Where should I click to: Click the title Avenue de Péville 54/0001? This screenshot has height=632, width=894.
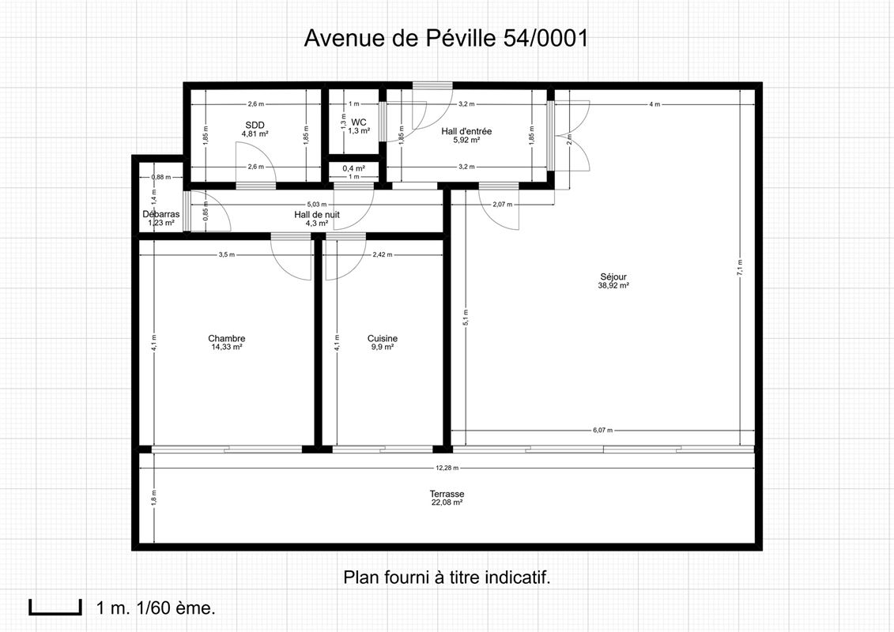tap(446, 39)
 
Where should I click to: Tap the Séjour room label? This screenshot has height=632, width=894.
tap(613, 277)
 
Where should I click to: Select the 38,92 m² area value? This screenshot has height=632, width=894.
tap(613, 286)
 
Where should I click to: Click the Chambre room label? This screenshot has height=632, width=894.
tap(226, 338)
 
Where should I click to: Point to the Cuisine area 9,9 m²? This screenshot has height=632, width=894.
tap(382, 347)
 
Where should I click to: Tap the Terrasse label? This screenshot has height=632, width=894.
tap(447, 494)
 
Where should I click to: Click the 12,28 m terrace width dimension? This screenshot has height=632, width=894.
tap(447, 468)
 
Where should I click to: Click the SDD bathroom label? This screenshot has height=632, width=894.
tap(255, 125)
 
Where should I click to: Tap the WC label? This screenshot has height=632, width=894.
tap(359, 122)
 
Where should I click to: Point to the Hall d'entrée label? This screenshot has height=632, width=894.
tap(467, 131)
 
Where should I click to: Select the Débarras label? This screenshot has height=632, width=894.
tap(161, 214)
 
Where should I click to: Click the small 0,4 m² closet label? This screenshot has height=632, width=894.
tap(354, 168)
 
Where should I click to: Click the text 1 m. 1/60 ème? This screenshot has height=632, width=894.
tap(156, 608)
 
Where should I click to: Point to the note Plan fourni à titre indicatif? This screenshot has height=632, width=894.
tap(447, 577)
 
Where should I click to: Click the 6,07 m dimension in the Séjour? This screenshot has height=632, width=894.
tap(604, 431)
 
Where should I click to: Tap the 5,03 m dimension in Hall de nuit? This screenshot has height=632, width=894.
tap(316, 204)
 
